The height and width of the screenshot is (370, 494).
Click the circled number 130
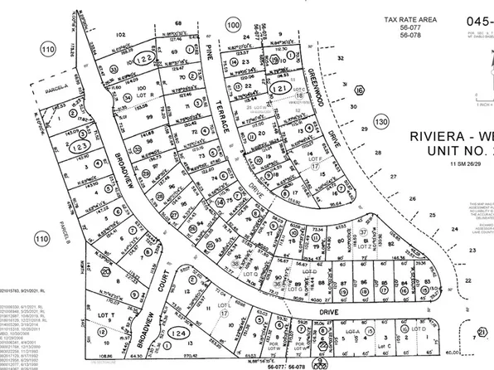click(380, 122)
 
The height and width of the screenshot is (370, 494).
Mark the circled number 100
click(233, 27)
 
